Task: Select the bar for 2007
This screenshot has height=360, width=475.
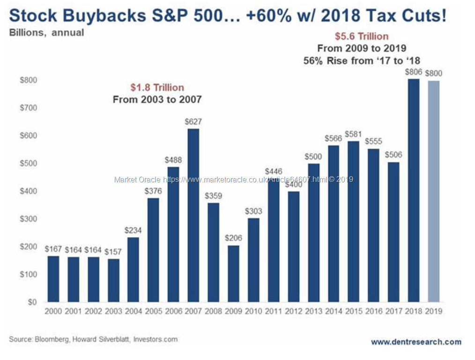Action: click(193, 215)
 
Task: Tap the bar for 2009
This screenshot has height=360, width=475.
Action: click(233, 274)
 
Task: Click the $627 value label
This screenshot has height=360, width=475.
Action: click(193, 121)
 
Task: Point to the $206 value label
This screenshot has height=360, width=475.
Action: click(233, 238)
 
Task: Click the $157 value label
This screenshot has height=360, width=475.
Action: click(113, 252)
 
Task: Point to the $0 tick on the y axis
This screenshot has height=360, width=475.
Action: click(30, 302)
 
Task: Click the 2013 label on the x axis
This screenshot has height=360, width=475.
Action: click(314, 311)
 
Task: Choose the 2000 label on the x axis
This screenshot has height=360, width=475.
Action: click(53, 311)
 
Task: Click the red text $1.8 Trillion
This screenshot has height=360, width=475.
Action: click(157, 88)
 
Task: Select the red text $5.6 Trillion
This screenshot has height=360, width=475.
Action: click(362, 36)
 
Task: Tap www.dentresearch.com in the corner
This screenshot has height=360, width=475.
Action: click(416, 342)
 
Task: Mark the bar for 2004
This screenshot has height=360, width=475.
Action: click(133, 270)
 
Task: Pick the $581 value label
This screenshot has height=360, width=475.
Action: click(354, 134)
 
